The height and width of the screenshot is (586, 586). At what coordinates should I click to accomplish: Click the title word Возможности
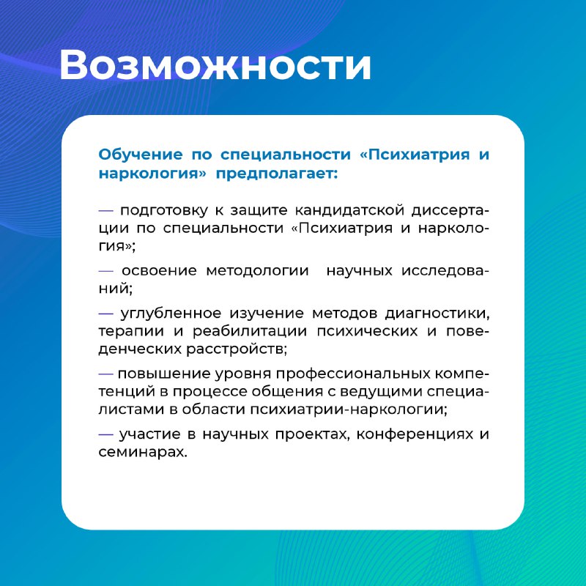215,64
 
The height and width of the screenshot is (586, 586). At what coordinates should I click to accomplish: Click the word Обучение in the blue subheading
141,154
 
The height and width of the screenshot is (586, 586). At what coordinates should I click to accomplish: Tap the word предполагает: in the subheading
277,174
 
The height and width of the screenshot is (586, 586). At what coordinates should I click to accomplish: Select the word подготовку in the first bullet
163,210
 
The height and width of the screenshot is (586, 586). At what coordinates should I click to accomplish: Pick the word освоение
159,270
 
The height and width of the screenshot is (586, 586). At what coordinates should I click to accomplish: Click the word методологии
258,270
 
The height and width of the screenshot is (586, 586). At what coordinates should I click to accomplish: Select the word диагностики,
437,314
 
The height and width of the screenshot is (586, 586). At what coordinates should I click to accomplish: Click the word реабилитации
250,331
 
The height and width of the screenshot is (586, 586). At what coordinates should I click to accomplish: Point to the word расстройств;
237,349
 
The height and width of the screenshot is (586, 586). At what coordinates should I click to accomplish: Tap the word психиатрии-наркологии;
349,409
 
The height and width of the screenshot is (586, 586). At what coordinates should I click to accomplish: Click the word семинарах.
143,452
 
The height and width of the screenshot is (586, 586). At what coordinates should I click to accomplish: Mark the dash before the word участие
105,434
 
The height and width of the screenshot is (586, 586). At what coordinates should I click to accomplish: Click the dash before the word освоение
105,270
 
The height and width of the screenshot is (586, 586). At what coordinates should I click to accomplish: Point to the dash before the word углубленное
105,314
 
